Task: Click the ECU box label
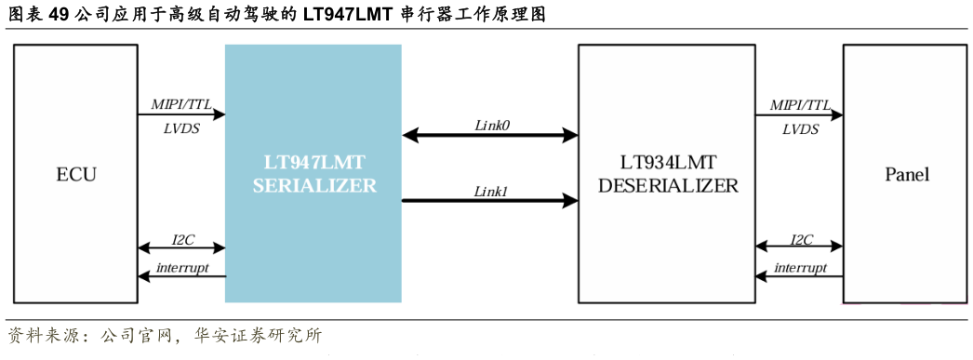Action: (76, 175)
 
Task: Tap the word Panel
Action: (907, 175)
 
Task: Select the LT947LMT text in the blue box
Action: (313, 162)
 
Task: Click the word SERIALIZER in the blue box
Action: (313, 185)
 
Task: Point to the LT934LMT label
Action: (668, 162)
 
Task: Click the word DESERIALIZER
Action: (668, 185)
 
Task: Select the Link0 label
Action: (491, 125)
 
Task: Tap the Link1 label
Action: (491, 191)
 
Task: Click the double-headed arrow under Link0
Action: (490, 136)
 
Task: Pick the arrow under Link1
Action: (490, 200)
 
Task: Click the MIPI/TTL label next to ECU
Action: (181, 105)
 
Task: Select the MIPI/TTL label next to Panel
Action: (800, 105)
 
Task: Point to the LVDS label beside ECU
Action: (181, 129)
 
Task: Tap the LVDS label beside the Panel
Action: (800, 129)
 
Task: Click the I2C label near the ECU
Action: (182, 239)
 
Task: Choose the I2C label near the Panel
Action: (801, 239)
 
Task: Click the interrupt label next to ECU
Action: (182, 267)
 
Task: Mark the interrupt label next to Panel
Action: (801, 267)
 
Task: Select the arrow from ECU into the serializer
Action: (181, 115)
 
